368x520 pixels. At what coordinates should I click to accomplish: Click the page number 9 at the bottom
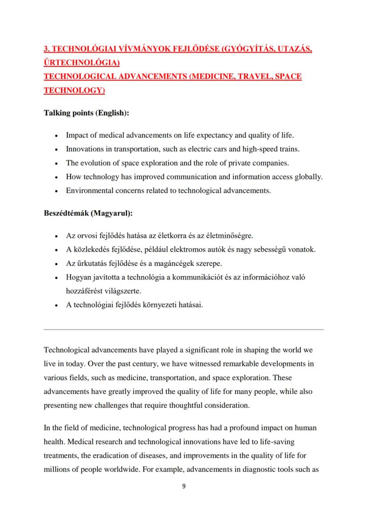184,486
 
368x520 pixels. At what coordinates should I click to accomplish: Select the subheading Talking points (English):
86,113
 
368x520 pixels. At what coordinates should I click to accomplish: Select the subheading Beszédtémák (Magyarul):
88,213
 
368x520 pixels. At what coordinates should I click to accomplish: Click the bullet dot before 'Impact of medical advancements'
56,135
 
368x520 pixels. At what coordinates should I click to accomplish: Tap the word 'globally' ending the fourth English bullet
308,177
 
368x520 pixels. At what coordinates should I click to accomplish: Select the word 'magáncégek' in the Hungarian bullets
170,263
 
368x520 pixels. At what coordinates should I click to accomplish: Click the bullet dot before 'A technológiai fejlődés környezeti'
56,306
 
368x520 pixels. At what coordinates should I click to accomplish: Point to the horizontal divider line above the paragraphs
184,329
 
